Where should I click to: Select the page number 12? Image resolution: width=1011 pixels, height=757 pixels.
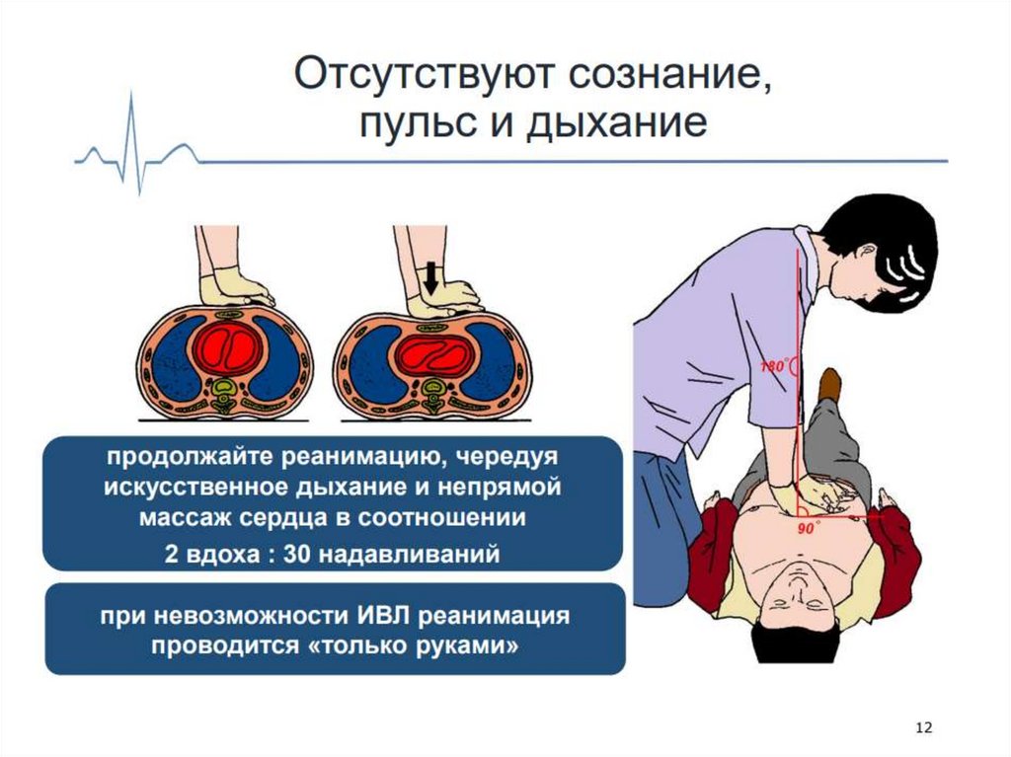924,727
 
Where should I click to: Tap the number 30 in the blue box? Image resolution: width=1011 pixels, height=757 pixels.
297,554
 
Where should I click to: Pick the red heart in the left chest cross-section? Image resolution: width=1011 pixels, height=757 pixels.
229,349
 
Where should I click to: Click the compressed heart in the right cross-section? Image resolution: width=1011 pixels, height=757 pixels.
430,352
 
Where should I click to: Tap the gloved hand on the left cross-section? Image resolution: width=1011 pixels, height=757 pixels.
235,290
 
